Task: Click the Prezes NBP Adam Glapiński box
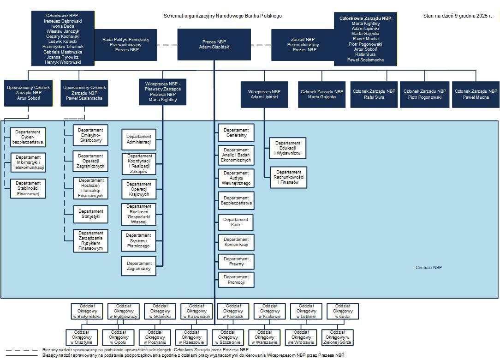(x=214, y=44)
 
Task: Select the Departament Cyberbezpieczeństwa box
(x=28, y=137)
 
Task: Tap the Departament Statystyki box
(x=90, y=216)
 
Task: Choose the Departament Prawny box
(x=236, y=262)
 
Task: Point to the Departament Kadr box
(x=236, y=222)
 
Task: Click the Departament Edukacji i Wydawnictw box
(x=287, y=148)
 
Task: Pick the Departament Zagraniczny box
(x=139, y=266)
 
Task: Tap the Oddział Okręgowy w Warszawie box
(x=264, y=337)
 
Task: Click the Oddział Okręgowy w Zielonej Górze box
(x=337, y=337)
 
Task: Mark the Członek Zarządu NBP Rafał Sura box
(x=374, y=94)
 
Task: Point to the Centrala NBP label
(x=429, y=268)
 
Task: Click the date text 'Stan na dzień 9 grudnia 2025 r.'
(x=457, y=16)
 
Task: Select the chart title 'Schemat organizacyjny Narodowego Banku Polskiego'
(x=222, y=16)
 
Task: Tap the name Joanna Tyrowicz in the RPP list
(x=62, y=57)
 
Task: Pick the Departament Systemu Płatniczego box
(x=139, y=240)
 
